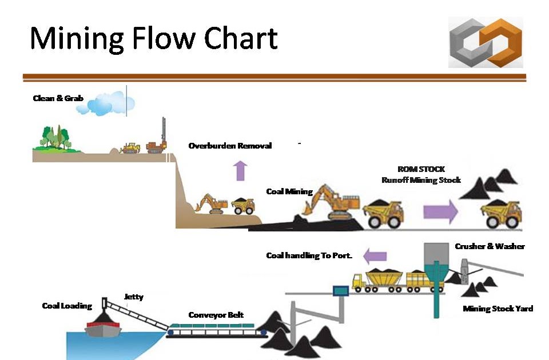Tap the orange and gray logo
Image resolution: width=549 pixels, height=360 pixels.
point(486,43)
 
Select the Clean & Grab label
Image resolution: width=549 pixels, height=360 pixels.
point(58,98)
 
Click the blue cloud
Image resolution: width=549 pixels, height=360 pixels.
point(111,103)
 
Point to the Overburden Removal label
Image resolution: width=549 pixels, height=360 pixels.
point(230,146)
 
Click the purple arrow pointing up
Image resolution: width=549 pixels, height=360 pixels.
point(241,171)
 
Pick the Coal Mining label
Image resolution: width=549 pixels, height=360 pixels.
point(289,191)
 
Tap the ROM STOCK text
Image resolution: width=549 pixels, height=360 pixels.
point(421,169)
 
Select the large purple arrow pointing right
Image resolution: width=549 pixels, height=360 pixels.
point(440,212)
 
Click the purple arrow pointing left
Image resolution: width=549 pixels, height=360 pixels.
point(375,255)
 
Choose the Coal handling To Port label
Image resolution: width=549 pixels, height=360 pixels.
point(309,255)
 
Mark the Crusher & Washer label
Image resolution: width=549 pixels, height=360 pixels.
point(490,246)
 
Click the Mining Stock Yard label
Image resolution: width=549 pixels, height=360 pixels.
point(498,309)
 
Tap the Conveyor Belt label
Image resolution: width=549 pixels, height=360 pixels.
point(216,315)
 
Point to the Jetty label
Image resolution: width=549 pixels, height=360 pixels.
point(133,297)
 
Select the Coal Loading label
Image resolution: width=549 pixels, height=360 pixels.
point(67,306)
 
